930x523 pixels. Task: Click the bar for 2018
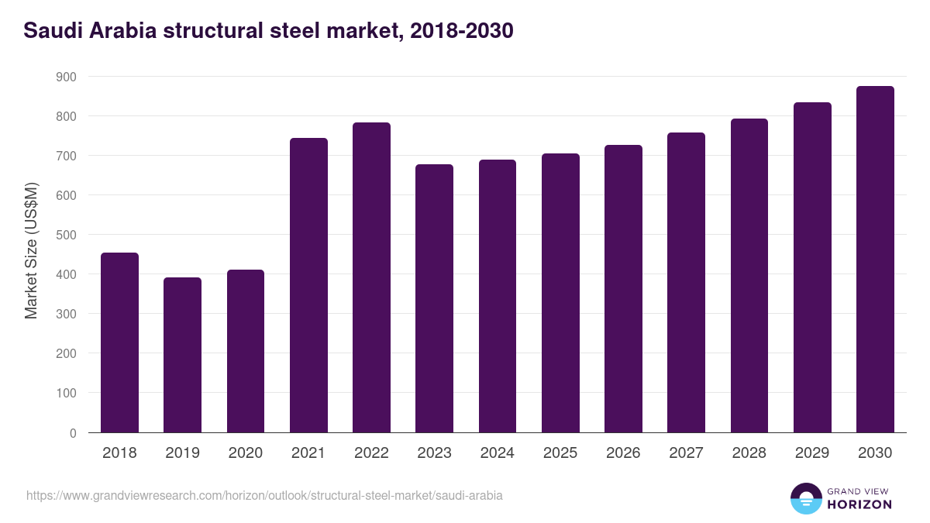coord(119,342)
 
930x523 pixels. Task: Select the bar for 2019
coord(182,355)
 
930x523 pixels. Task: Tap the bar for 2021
coord(308,285)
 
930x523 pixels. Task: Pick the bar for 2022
coord(371,277)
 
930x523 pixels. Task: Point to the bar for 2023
coord(434,298)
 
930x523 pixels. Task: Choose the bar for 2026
coord(623,288)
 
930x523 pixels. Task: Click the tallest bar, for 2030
coord(875,260)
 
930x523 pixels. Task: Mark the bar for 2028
coord(749,276)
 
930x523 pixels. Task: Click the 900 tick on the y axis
coord(66,77)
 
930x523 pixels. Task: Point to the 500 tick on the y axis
coord(66,235)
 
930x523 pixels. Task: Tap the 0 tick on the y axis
coord(72,433)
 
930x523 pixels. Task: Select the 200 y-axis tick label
coord(66,353)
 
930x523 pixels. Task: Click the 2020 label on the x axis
coord(246,453)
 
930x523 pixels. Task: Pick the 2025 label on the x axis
coord(560,453)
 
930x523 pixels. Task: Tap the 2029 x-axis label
coord(812,453)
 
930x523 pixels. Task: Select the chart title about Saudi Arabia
coord(268,31)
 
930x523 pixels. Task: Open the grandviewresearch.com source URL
coord(264,495)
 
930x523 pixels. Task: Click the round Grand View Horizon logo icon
coord(806,499)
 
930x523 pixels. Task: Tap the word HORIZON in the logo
coord(859,504)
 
